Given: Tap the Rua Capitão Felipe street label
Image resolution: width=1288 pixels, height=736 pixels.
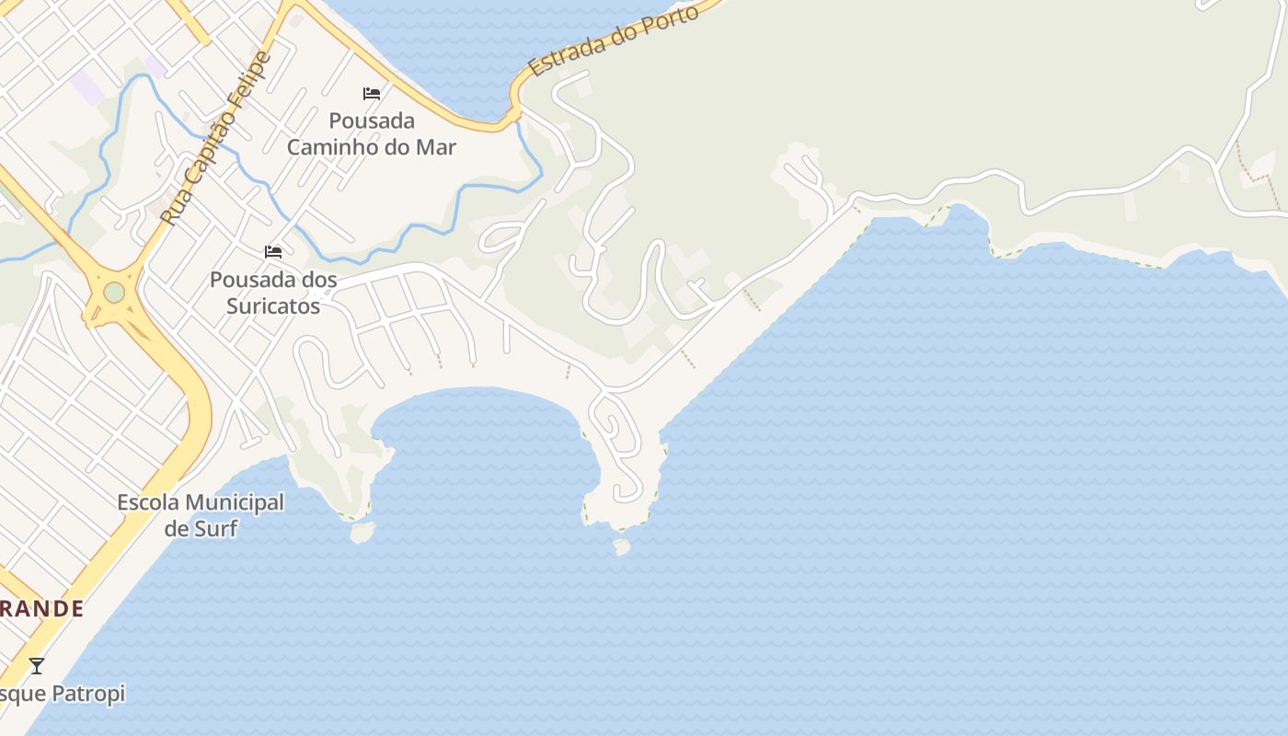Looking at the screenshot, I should tap(217, 138).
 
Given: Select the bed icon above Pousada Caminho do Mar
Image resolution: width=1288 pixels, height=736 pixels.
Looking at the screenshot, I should tap(372, 94).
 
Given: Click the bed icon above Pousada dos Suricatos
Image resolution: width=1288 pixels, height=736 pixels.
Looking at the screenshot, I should tap(273, 252).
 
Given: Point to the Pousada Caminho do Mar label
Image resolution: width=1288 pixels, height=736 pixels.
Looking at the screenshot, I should tap(372, 133).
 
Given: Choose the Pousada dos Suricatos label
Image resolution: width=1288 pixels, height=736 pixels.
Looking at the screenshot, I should tap(273, 293).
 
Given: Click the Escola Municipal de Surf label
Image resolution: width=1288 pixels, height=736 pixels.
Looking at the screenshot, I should tap(201, 515).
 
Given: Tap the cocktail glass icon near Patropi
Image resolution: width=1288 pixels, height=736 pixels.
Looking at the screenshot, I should tap(37, 665).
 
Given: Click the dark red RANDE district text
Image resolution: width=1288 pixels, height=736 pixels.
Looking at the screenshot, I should tap(42, 609).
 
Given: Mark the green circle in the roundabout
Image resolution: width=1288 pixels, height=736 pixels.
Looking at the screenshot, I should tap(114, 293).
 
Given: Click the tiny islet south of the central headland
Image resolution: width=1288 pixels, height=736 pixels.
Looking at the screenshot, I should tap(622, 547).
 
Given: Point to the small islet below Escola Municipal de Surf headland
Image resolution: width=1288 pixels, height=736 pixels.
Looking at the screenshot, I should tap(362, 532).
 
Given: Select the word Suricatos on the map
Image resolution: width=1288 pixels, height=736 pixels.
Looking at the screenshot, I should tap(273, 305).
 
